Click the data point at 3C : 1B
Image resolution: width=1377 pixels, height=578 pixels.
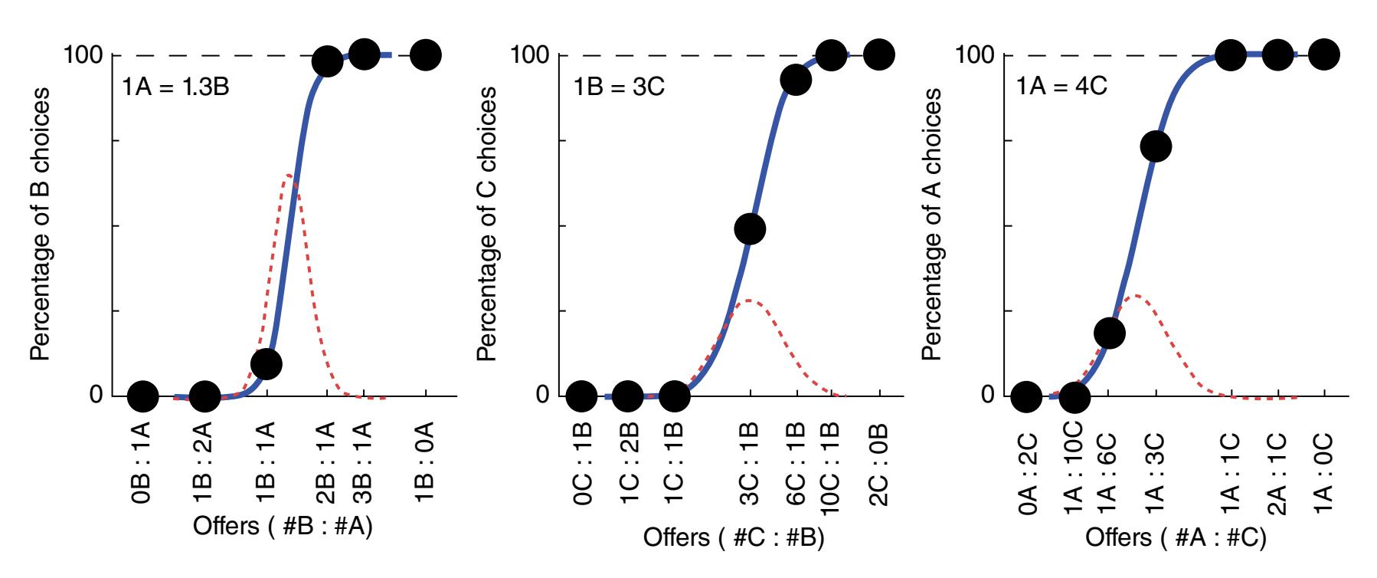pyautogui.click(x=750, y=228)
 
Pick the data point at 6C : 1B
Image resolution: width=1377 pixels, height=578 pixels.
pyautogui.click(x=796, y=80)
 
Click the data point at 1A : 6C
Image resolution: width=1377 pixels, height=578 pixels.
pyautogui.click(x=1110, y=332)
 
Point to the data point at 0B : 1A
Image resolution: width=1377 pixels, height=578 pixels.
pyautogui.click(x=143, y=396)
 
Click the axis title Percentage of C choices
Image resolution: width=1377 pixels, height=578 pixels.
pyautogui.click(x=487, y=222)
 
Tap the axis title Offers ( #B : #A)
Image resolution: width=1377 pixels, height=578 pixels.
pyautogui.click(x=283, y=527)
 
